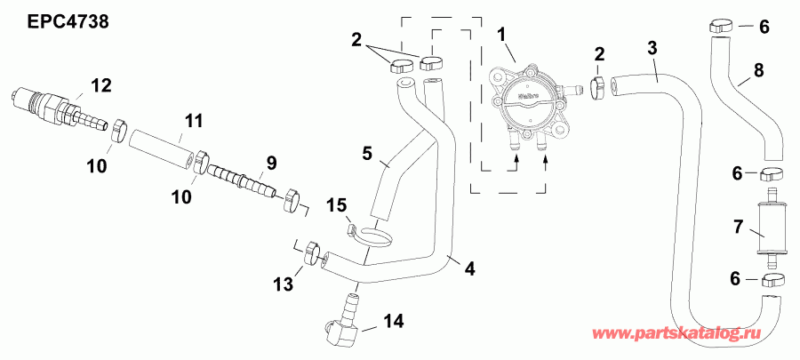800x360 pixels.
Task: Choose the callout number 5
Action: (367, 152)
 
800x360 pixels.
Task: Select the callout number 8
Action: (758, 69)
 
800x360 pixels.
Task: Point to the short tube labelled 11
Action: (160, 145)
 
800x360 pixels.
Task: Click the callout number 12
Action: (100, 85)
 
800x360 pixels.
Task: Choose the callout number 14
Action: (393, 320)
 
